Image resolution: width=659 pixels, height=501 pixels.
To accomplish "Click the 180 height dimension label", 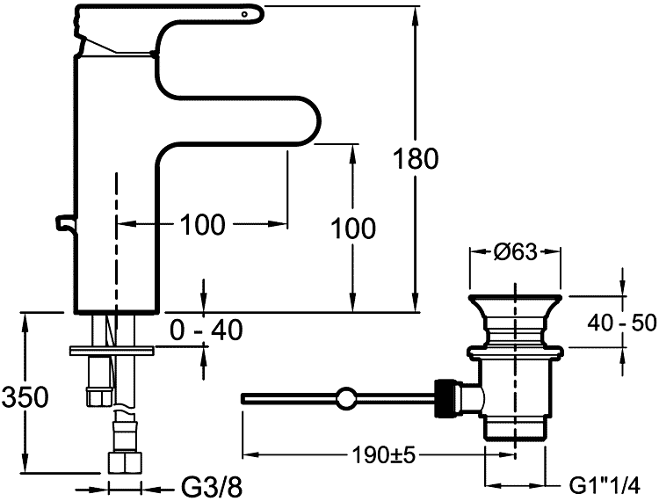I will point(416,159).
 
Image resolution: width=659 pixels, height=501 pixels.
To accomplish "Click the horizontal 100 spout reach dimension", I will point(202,225).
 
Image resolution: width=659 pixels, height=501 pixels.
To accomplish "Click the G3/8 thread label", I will point(211,485).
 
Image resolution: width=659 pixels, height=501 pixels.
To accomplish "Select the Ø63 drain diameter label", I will point(515,252).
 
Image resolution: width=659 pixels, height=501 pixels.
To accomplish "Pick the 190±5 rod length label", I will point(364,454).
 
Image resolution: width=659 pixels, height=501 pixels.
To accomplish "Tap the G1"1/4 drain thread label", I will point(612,485).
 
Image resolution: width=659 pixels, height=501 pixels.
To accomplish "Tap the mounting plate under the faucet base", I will point(112,351).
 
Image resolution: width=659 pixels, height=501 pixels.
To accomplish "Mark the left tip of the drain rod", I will point(242,399).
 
